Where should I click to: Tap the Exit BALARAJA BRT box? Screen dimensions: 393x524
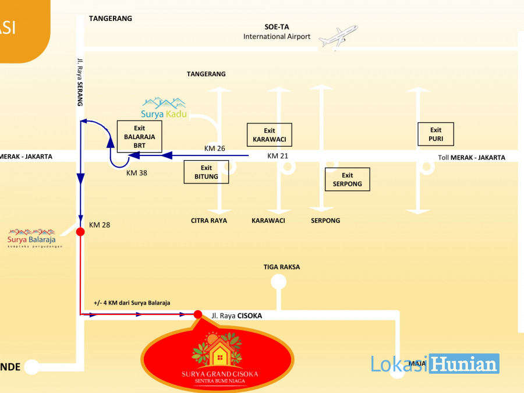tap(139, 137)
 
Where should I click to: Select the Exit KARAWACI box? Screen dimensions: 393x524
tap(269, 134)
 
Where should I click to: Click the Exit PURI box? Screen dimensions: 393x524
tap(436, 134)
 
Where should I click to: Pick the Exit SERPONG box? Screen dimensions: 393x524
tap(348, 179)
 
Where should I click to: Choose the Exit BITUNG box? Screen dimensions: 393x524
tap(206, 172)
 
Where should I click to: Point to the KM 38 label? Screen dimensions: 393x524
tap(137, 174)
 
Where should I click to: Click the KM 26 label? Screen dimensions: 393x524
tap(214, 148)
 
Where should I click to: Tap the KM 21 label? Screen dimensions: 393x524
tap(278, 156)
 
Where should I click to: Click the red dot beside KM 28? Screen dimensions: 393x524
tap(80, 232)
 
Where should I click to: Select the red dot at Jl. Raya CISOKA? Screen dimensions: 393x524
tap(198, 315)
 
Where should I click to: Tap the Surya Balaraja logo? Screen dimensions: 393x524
tap(31, 238)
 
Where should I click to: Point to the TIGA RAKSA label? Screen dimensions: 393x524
tap(282, 267)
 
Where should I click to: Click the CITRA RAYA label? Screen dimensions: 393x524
tap(209, 221)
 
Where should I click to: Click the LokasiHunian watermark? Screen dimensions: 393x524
tap(435, 364)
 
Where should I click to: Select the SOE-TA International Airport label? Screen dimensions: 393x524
tap(277, 32)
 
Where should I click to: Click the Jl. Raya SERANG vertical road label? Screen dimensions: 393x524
tap(80, 82)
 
